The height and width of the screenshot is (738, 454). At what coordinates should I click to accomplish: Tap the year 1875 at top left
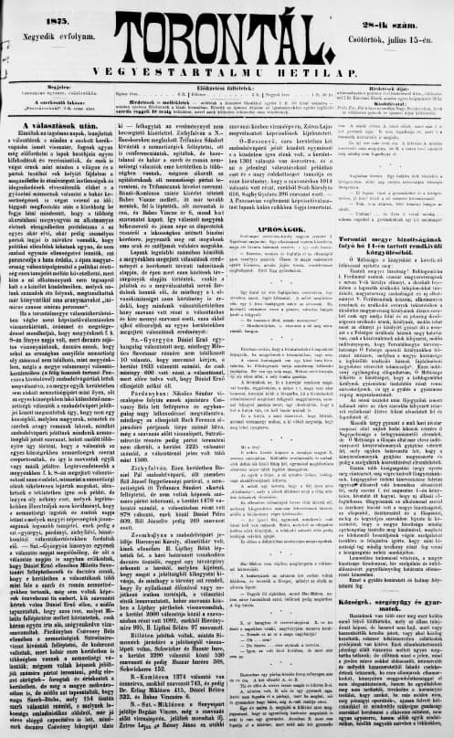click(39, 10)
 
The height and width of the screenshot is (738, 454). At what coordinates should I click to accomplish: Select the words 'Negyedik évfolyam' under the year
click(41, 26)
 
